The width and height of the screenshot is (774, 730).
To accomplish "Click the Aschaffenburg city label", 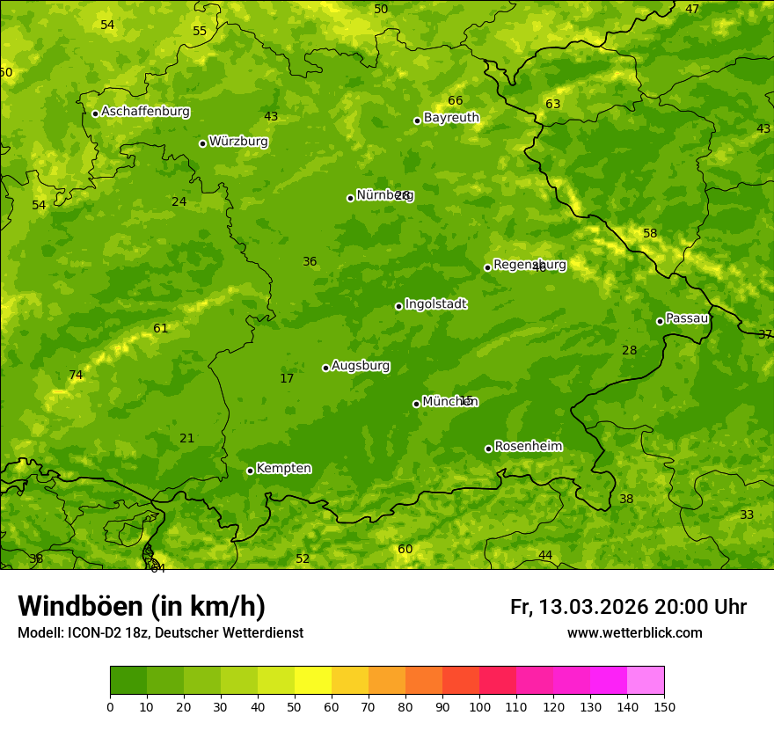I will [x=145, y=112].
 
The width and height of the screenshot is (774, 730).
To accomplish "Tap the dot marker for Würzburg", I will [x=202, y=143].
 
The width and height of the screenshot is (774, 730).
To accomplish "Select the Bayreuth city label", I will [x=451, y=117].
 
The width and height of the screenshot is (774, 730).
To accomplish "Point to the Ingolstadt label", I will [x=435, y=304].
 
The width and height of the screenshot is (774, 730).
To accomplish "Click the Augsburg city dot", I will [x=325, y=368].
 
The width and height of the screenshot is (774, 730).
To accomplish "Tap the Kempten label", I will [x=283, y=468].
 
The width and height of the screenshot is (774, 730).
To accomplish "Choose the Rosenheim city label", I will [x=528, y=446].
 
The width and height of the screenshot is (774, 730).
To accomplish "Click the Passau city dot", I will [x=660, y=321].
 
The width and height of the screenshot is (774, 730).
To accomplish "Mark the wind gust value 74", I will [x=76, y=376].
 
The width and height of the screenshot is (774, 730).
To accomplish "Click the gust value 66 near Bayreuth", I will [x=455, y=101].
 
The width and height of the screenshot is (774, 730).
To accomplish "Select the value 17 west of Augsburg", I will [x=287, y=379].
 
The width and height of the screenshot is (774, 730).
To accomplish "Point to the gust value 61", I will [x=160, y=329].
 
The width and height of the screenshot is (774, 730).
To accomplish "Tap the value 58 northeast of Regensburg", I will [x=650, y=234].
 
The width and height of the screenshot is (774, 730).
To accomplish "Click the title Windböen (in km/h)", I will [x=142, y=606].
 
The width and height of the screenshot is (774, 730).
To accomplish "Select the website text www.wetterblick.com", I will [x=634, y=633].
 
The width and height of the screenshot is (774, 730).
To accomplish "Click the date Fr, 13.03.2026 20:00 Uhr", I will [x=628, y=607].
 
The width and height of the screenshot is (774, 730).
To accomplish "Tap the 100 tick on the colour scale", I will [x=479, y=706].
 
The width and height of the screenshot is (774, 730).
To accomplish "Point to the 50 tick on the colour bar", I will [x=295, y=706].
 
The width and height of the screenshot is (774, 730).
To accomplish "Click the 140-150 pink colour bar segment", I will [x=646, y=681].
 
